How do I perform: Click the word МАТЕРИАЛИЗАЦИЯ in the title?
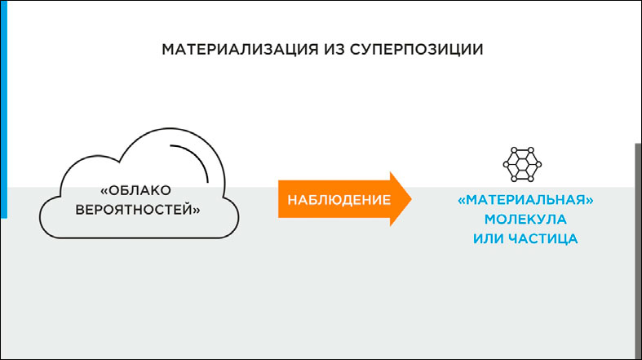240,50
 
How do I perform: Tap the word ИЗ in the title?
334,50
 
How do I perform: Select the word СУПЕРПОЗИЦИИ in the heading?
416,50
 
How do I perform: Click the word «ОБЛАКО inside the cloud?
136,190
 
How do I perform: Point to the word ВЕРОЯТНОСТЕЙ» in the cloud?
138,210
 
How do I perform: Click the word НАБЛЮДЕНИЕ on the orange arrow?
339,200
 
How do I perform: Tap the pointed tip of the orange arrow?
411,199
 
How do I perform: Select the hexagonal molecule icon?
522,164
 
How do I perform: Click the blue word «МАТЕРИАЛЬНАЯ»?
525,200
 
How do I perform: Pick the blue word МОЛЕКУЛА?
525,219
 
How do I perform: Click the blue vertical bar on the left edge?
4,109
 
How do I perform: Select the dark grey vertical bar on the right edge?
638,251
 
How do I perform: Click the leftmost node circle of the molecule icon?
506,165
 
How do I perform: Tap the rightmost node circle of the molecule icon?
538,165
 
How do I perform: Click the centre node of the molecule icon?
522,165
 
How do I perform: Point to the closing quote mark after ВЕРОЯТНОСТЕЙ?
197,211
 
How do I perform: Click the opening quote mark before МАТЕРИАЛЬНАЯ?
462,200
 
